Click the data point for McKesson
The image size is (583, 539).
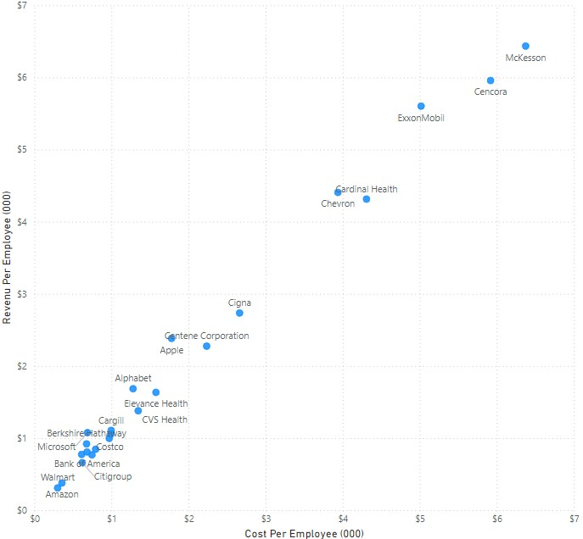[525, 46]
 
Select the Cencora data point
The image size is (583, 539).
[491, 81]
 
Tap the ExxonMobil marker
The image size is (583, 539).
[421, 106]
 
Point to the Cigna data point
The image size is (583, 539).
[239, 313]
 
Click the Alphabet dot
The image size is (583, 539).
[133, 389]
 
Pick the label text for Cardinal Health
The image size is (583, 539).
[367, 189]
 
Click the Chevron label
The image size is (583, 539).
[338, 203]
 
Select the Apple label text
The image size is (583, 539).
[171, 349]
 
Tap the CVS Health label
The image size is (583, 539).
[165, 420]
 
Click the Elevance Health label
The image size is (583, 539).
[156, 403]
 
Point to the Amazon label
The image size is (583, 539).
[61, 494]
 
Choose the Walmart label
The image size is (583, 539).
[58, 478]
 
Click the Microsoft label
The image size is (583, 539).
[57, 447]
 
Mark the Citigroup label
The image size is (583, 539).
[112, 476]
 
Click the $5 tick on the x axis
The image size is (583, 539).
[420, 519]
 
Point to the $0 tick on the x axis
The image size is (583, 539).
[35, 519]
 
